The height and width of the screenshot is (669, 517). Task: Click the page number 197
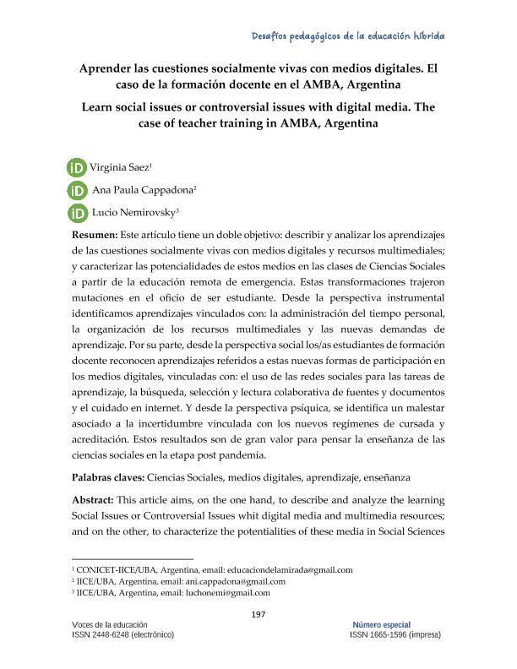[259, 613]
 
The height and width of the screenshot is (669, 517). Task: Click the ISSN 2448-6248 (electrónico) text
[123, 634]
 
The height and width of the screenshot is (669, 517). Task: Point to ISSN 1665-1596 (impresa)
[395, 634]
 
